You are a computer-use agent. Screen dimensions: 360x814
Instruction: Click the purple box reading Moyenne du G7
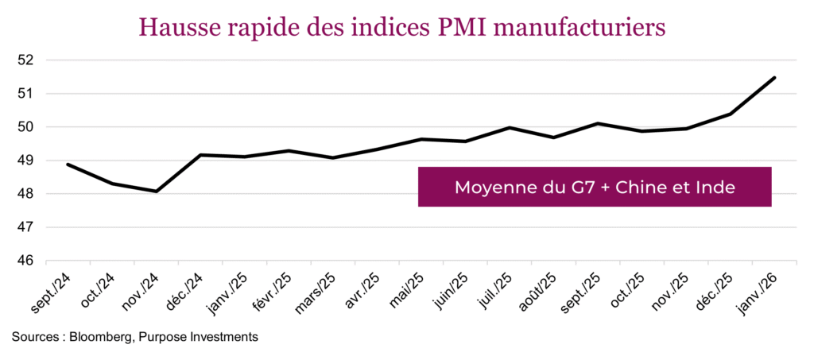595,188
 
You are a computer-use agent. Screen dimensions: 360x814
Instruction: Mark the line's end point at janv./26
774,78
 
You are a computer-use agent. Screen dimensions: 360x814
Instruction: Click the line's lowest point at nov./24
157,192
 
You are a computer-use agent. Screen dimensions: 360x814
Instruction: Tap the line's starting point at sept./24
68,165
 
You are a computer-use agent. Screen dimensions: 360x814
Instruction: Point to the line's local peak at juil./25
510,127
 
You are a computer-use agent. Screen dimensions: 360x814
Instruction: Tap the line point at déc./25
731,114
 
